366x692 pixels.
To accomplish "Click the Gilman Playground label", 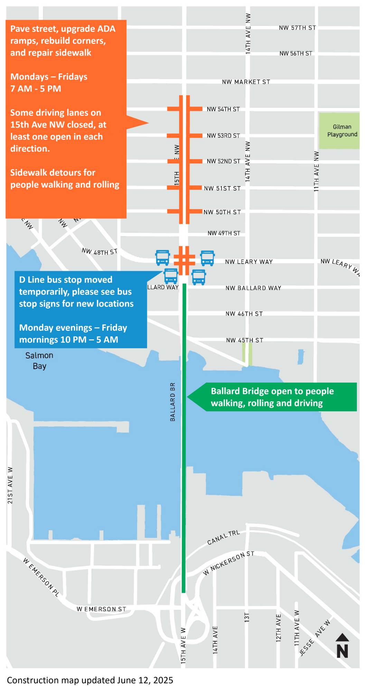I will pyautogui.click(x=342, y=131).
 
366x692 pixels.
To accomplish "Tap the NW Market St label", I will pyautogui.click(x=246, y=82).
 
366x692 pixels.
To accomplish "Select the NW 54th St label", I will pyautogui.click(x=223, y=109).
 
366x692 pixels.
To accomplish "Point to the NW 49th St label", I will pyautogui.click(x=224, y=233).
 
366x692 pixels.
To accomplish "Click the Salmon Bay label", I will pyautogui.click(x=39, y=361).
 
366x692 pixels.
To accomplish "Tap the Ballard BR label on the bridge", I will pyautogui.click(x=173, y=402).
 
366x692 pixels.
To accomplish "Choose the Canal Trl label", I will pyautogui.click(x=223, y=537).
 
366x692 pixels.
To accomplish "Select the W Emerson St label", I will pyautogui.click(x=101, y=609).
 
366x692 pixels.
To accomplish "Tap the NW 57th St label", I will pyautogui.click(x=297, y=28).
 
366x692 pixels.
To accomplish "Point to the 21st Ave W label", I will pyautogui.click(x=10, y=485).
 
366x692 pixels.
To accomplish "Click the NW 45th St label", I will pyautogui.click(x=245, y=340).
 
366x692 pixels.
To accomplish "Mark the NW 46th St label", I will pyautogui.click(x=244, y=314).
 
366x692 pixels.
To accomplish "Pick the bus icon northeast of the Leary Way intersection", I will pyautogui.click(x=207, y=258).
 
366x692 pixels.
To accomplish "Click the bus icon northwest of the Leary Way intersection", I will pyautogui.click(x=162, y=258).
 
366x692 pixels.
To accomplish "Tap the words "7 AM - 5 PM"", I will pyautogui.click(x=36, y=89).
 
